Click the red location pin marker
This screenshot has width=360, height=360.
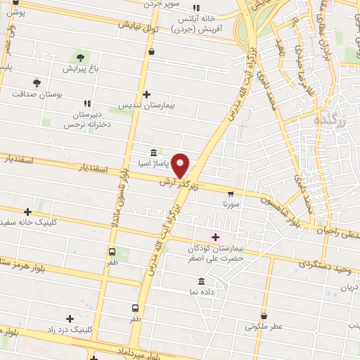click(x=181, y=165)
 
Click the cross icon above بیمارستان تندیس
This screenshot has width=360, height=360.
click(x=146, y=94)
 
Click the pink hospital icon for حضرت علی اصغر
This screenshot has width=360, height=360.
click(x=216, y=237)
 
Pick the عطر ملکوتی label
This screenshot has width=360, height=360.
click(x=264, y=327)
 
